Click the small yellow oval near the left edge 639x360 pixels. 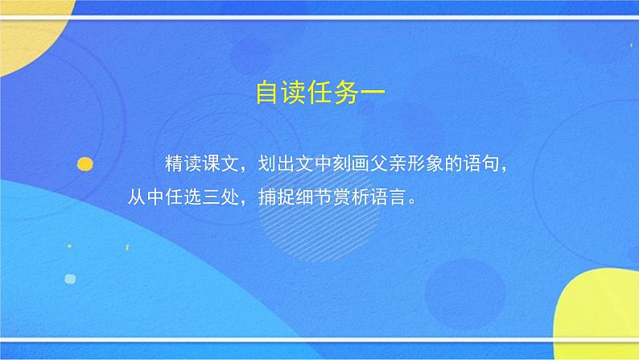pyautogui.click(x=85, y=164)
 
